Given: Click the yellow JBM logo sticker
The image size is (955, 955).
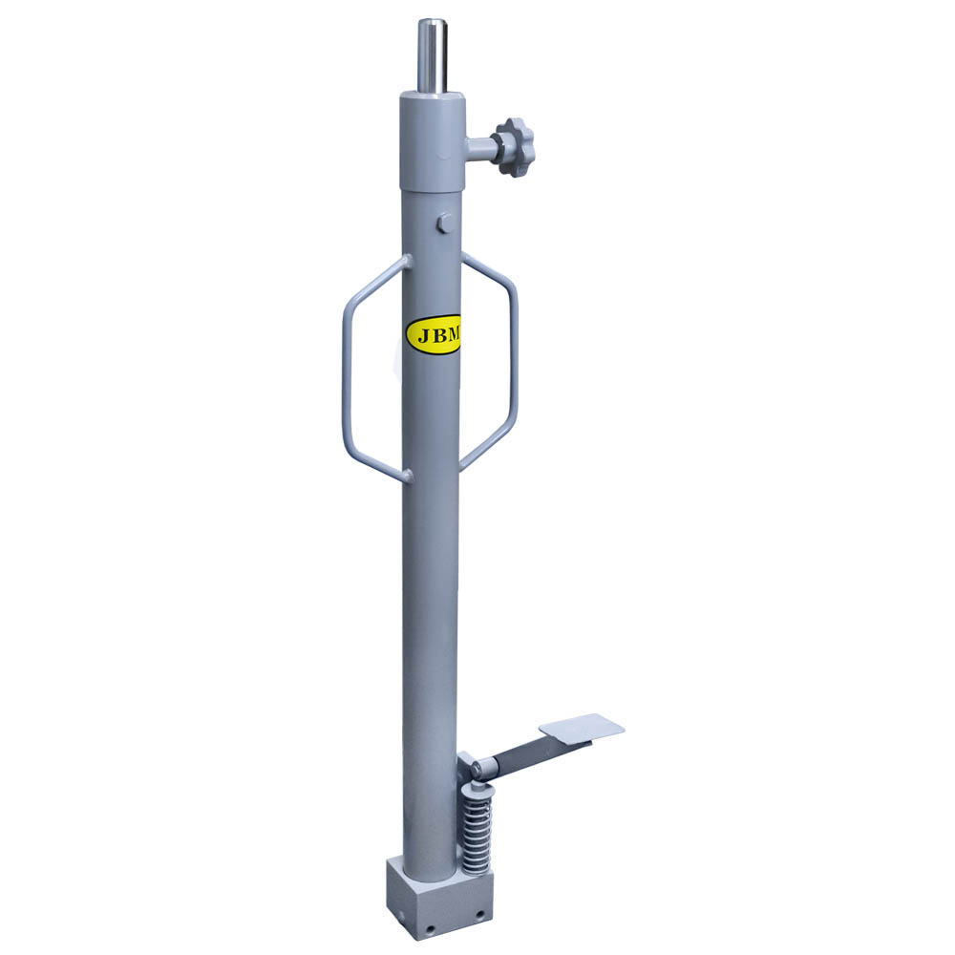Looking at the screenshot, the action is pyautogui.click(x=433, y=334).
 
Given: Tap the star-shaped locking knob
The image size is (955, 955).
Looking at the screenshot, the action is pyautogui.click(x=515, y=147).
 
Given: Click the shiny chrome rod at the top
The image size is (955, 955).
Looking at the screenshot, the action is pyautogui.click(x=432, y=56).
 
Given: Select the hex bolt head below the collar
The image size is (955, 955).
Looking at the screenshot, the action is pyautogui.click(x=444, y=223).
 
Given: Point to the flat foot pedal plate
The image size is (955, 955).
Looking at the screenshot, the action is pyautogui.click(x=582, y=729).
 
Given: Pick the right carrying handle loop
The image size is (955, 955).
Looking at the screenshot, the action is pyautogui.click(x=489, y=361).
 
